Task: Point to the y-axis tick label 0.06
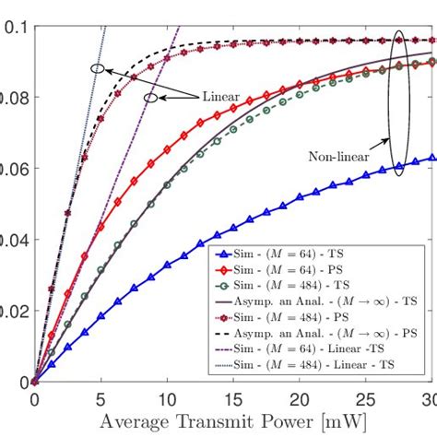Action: [x=9, y=168]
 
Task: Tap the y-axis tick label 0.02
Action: [x=9, y=311]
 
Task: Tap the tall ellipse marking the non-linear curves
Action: [x=397, y=101]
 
